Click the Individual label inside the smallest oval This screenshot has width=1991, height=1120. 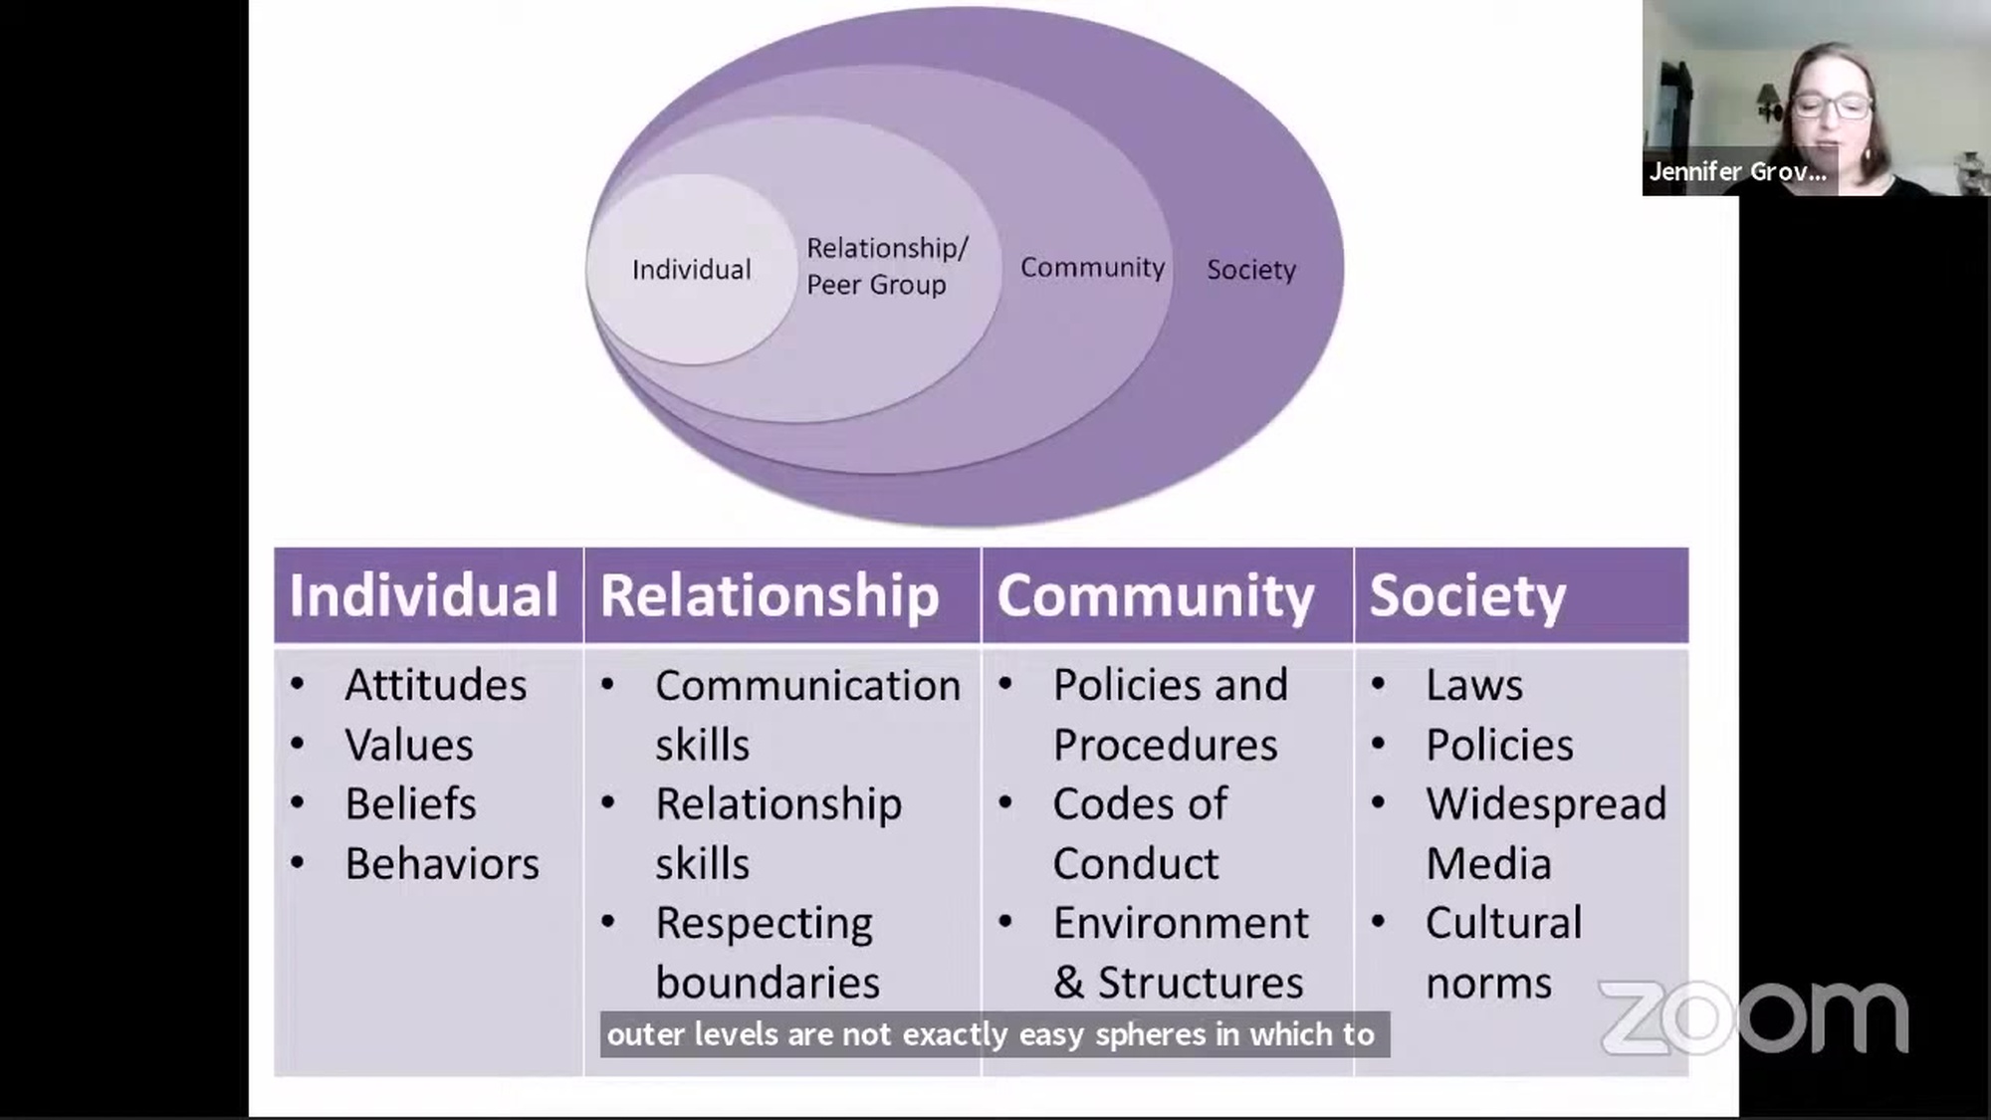click(x=691, y=270)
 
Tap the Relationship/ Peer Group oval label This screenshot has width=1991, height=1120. click(x=885, y=266)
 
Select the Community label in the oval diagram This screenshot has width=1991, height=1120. click(x=1092, y=268)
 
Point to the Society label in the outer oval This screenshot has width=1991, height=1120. click(x=1251, y=270)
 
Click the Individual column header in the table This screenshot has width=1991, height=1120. click(x=424, y=595)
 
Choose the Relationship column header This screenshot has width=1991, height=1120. click(x=770, y=595)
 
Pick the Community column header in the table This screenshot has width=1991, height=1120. click(x=1156, y=595)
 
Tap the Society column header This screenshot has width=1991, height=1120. click(x=1467, y=595)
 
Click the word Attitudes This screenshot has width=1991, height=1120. click(x=436, y=685)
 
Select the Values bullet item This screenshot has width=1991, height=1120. click(x=409, y=745)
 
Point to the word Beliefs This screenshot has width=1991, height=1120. click(x=410, y=804)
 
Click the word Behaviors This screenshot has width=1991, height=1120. click(x=442, y=864)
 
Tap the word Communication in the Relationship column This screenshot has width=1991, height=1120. click(x=807, y=686)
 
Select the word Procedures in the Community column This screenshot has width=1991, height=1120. click(x=1165, y=745)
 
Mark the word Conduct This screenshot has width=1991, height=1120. click(x=1135, y=864)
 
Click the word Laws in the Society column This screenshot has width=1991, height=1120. click(x=1473, y=685)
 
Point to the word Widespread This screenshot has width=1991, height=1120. click(x=1545, y=804)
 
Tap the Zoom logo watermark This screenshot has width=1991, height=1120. click(x=1753, y=1016)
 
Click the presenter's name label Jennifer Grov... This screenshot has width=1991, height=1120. click(x=1737, y=171)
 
